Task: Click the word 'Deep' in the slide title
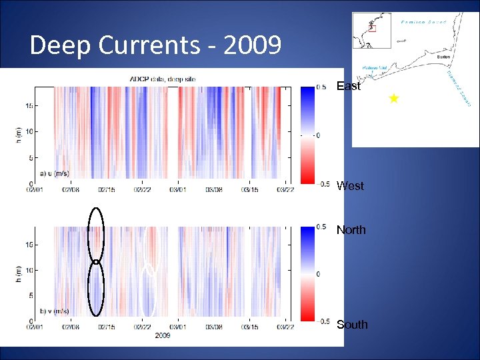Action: (61, 45)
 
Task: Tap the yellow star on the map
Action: (393, 99)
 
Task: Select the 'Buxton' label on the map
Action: (443, 57)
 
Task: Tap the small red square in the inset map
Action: (372, 29)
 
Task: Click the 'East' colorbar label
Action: (348, 86)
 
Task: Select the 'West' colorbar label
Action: (350, 186)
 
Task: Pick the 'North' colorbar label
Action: (351, 230)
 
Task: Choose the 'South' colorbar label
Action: (351, 325)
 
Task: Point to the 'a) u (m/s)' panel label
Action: (55, 173)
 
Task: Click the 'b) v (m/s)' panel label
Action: (55, 311)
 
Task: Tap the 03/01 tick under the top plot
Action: (177, 189)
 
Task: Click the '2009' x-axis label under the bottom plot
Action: (162, 335)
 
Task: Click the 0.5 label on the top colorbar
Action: (321, 87)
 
